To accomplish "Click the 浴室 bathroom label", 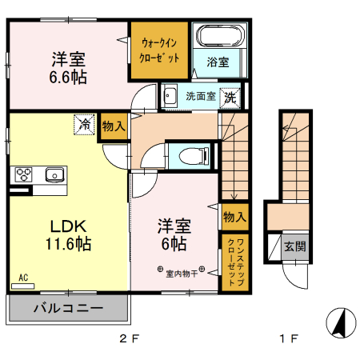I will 218,62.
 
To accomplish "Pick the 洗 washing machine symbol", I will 230,98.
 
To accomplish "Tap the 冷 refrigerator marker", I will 84,124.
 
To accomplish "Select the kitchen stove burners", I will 22,174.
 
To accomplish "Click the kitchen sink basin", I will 55,174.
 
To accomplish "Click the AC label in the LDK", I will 22,278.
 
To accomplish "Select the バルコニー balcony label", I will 67,308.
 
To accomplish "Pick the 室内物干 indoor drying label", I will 182,274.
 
